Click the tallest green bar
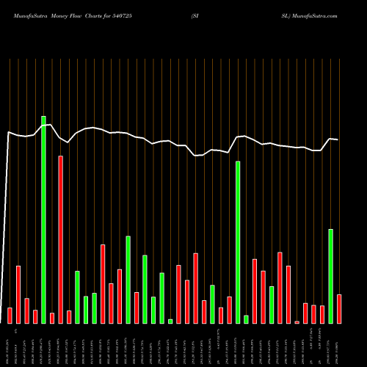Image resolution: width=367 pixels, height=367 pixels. tap(43, 219)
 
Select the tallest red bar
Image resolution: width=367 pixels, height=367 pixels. tap(61, 239)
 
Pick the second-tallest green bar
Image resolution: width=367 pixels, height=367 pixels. tap(238, 242)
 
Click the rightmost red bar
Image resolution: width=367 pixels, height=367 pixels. tap(339, 309)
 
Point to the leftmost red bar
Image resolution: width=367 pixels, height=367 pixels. tap(10, 316)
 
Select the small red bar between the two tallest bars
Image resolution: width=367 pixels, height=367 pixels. tap(52, 318)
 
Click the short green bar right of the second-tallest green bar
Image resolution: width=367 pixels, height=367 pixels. tap(246, 319)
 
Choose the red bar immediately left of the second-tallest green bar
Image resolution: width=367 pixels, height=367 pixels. tap(229, 310)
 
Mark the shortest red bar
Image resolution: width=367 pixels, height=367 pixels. tap(297, 322)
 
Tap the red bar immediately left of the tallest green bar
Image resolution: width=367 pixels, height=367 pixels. tap(35, 316)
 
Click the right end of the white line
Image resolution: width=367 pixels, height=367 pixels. tap(338, 139)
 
